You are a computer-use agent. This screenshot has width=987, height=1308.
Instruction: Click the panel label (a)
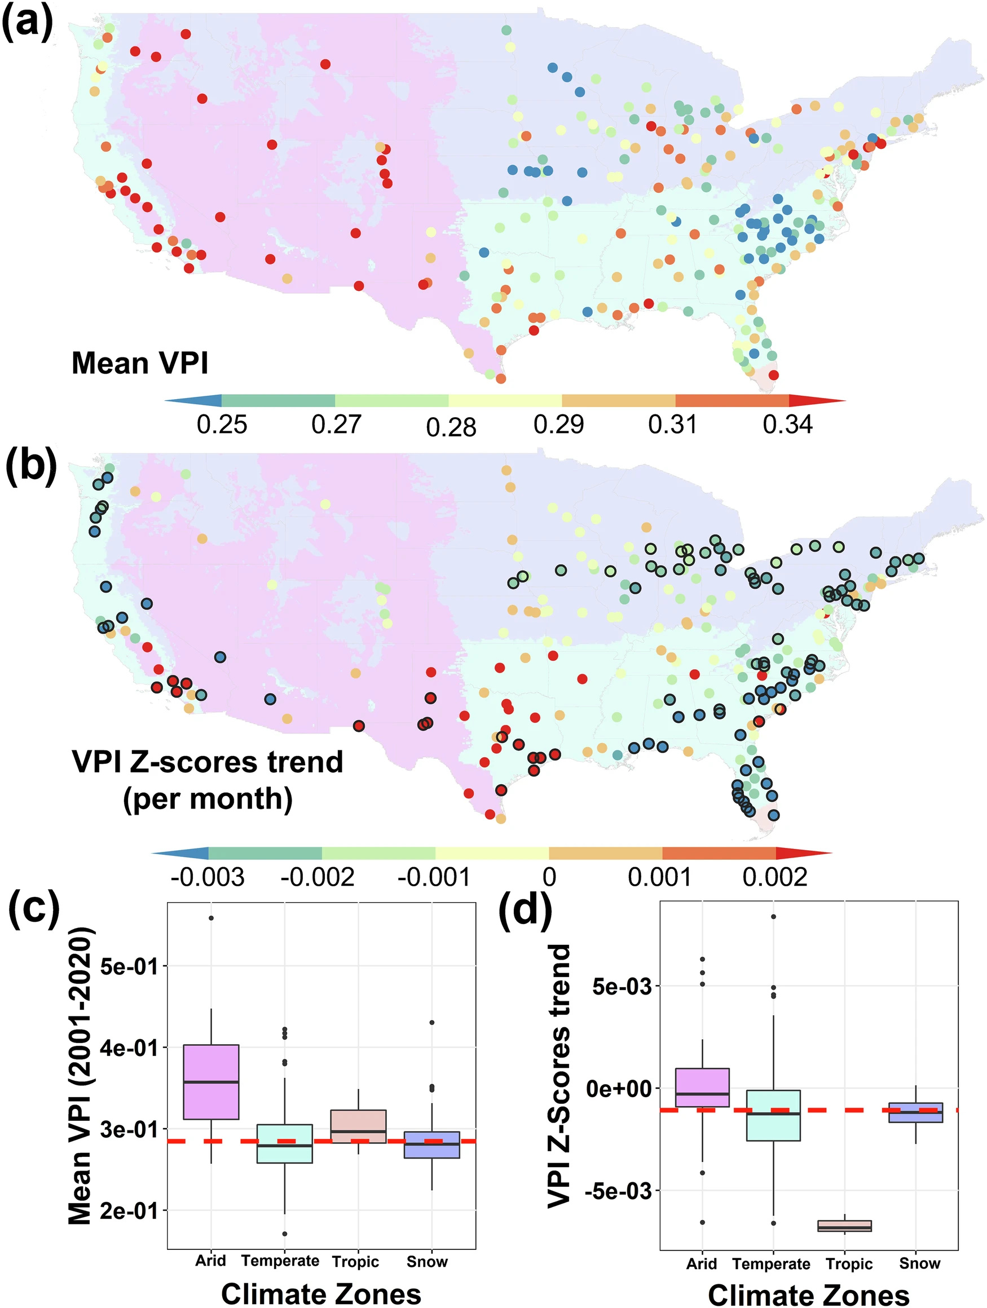tap(27, 24)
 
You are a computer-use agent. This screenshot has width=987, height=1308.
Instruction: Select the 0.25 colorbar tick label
tap(222, 425)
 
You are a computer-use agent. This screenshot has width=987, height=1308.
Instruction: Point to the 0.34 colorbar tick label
tap(787, 425)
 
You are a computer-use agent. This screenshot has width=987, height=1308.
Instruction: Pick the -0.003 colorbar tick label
tap(207, 877)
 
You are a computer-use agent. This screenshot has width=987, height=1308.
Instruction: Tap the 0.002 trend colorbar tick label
tap(775, 877)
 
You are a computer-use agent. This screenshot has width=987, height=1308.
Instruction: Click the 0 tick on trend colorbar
tap(549, 877)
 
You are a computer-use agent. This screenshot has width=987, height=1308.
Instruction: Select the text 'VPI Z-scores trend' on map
tap(207, 762)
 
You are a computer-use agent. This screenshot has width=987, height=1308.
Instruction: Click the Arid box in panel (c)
tap(211, 1082)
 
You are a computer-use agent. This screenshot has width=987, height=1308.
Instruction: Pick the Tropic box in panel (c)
tap(358, 1126)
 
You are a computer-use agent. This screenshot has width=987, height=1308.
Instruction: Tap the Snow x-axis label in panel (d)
tap(919, 1263)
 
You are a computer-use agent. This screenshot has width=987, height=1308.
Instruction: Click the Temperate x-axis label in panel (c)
tap(280, 1261)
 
